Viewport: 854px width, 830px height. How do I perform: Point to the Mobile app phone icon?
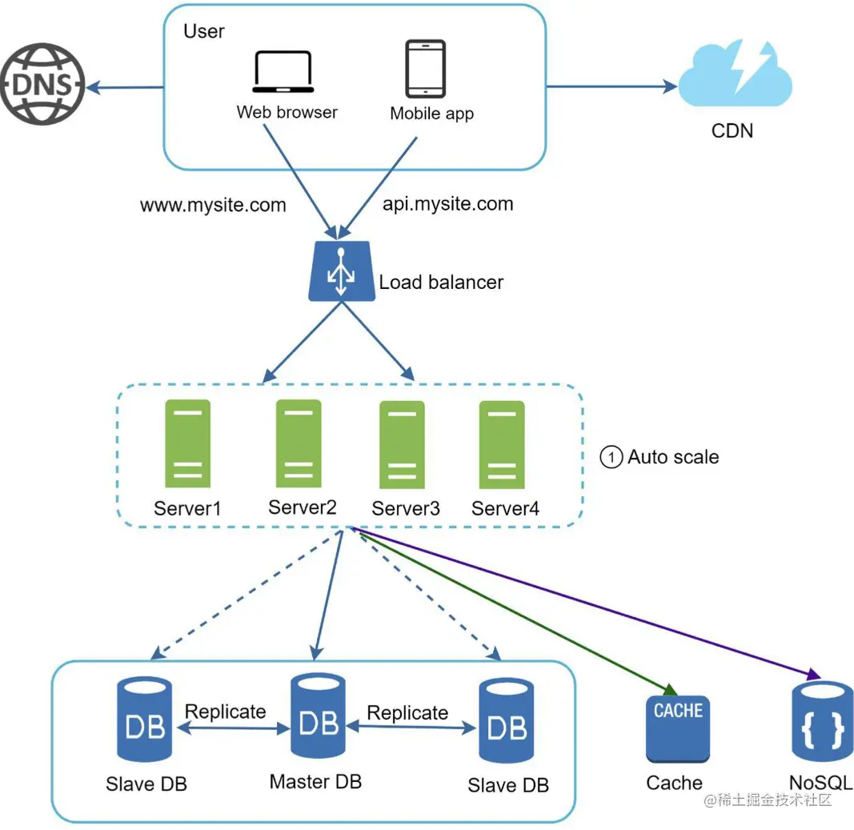click(424, 69)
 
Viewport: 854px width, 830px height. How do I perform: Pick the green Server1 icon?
click(187, 443)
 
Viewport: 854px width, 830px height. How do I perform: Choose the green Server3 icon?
click(402, 444)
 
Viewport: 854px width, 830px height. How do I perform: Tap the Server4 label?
click(505, 508)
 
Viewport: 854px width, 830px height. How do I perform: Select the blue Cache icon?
click(677, 728)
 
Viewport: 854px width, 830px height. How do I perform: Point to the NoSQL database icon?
click(822, 721)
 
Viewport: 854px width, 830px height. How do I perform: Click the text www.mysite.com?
click(213, 205)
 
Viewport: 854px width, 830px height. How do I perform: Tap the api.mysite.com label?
click(447, 203)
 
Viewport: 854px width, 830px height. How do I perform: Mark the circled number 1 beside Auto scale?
click(611, 458)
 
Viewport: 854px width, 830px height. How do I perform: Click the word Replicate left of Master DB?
click(225, 712)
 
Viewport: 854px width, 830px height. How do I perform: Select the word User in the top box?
click(204, 31)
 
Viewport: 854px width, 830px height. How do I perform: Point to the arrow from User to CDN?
click(612, 86)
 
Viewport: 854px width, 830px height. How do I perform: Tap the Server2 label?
click(302, 507)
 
